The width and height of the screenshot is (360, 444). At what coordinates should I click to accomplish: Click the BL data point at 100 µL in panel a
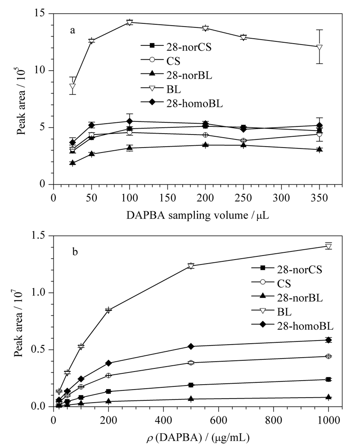130,22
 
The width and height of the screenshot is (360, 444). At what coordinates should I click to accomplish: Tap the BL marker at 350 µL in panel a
319,47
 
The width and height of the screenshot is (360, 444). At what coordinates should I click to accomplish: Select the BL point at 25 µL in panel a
72,86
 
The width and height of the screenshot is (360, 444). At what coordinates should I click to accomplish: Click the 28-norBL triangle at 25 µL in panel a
72,162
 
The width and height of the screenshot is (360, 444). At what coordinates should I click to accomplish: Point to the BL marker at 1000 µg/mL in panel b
328,247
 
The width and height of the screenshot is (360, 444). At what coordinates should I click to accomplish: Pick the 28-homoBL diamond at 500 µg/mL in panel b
191,346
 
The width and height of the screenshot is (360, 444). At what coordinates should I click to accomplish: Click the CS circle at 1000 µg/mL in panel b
328,356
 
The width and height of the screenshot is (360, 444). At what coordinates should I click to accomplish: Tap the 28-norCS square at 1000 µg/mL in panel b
328,379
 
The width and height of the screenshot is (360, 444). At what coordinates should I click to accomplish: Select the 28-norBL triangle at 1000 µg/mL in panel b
328,397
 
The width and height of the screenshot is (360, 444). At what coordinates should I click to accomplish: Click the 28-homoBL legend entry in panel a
182,103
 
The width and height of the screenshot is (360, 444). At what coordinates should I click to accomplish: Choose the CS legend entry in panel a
161,61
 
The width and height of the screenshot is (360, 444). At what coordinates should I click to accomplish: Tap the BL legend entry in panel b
271,311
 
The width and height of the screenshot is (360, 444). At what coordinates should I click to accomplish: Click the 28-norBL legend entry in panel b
287,297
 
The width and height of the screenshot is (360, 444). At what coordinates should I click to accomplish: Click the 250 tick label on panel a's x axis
243,197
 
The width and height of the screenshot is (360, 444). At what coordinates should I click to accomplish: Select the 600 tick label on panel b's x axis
218,420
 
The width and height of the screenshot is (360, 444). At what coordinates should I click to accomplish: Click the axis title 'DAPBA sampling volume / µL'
198,215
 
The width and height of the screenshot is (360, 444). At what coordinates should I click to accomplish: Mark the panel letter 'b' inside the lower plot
75,251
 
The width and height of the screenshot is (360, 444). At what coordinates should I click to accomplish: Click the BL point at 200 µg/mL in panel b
108,310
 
